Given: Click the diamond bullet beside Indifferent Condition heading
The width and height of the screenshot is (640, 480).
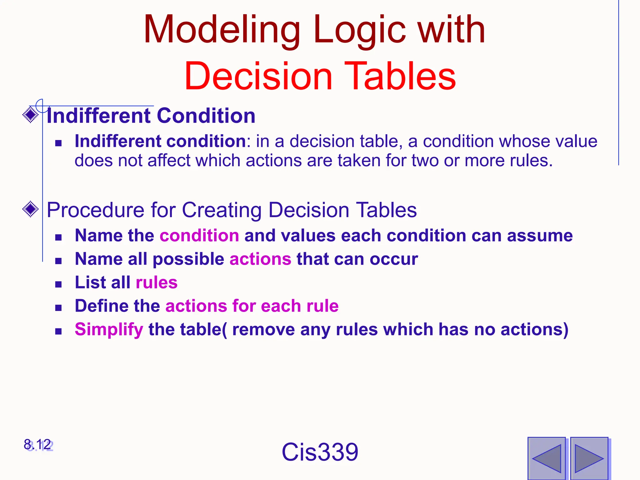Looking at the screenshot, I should (31, 115).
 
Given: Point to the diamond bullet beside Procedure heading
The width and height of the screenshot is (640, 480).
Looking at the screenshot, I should (31, 209).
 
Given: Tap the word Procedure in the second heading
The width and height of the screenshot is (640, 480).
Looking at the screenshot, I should (95, 210).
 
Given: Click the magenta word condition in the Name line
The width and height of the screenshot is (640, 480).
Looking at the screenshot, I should (199, 235).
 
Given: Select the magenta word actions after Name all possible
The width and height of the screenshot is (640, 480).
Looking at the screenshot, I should (260, 259).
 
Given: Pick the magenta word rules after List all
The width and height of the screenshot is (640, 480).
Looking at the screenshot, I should (157, 282).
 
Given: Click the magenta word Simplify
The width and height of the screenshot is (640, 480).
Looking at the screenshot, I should (109, 329).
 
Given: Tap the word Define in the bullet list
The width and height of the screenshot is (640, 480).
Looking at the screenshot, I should (102, 306).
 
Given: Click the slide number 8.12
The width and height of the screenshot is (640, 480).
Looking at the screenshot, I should (37, 445).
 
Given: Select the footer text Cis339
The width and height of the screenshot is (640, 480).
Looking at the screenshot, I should (320, 452).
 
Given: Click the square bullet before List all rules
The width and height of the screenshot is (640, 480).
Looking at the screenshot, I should (58, 284).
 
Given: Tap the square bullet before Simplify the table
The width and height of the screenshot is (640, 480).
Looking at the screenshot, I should (58, 331).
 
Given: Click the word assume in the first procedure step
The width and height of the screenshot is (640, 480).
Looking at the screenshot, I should (540, 235).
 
